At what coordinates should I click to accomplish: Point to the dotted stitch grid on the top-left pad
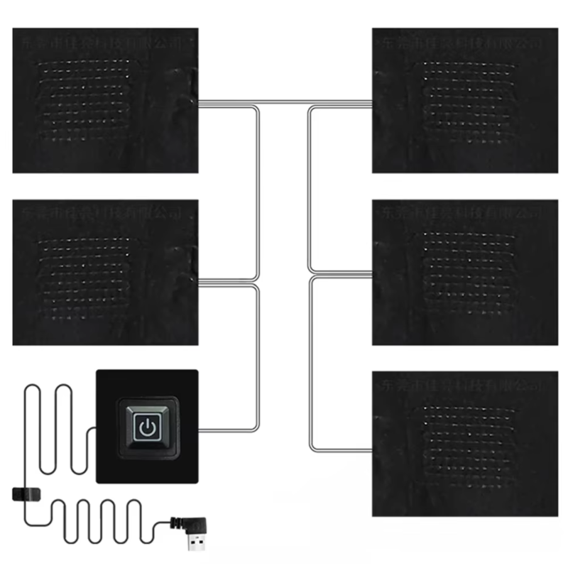82,99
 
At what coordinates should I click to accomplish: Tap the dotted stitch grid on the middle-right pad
469,273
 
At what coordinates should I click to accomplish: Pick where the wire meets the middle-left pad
199,283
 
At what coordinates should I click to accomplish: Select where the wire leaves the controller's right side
199,430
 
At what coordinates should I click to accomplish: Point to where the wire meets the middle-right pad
372,273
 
